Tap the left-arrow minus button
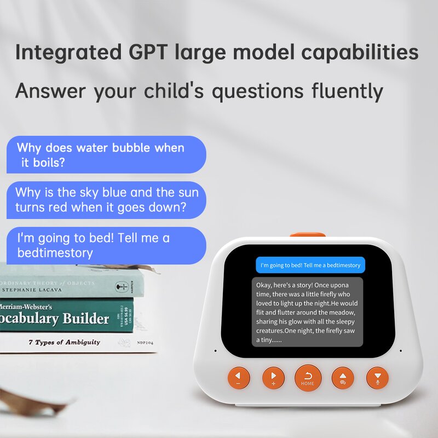point(239,377)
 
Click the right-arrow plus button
point(273,377)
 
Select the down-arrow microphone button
point(377,377)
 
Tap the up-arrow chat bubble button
point(343,377)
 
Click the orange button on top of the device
point(307,235)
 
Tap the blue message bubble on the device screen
point(310,265)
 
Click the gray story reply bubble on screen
point(307,312)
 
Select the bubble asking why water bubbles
point(106,155)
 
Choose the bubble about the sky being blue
point(106,200)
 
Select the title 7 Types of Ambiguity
point(64,342)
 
